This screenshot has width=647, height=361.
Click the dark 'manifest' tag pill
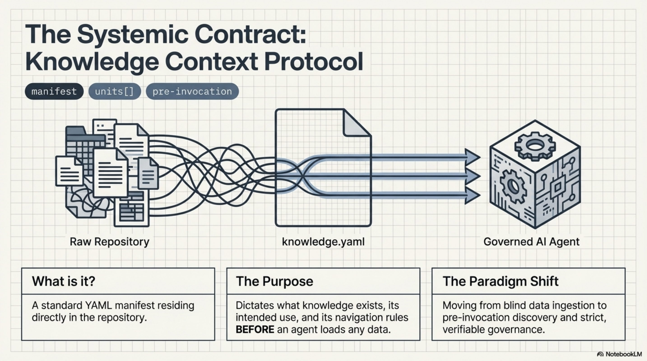pos(54,91)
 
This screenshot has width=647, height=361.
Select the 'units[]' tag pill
pos(115,91)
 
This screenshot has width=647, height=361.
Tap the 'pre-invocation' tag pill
pos(192,91)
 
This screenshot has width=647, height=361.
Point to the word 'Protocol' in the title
pos(313,62)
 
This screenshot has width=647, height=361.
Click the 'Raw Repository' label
pos(109,242)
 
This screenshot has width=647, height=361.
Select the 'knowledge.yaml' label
pos(323,242)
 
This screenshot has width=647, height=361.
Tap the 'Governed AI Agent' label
pos(531,242)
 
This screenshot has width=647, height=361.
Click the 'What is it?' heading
pos(64,281)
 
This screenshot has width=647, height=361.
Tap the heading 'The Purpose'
pos(274,281)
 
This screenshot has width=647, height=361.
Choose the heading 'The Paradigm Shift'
pos(500,281)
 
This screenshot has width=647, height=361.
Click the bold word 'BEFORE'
pos(255,329)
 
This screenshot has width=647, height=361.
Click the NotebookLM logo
pos(600,354)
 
